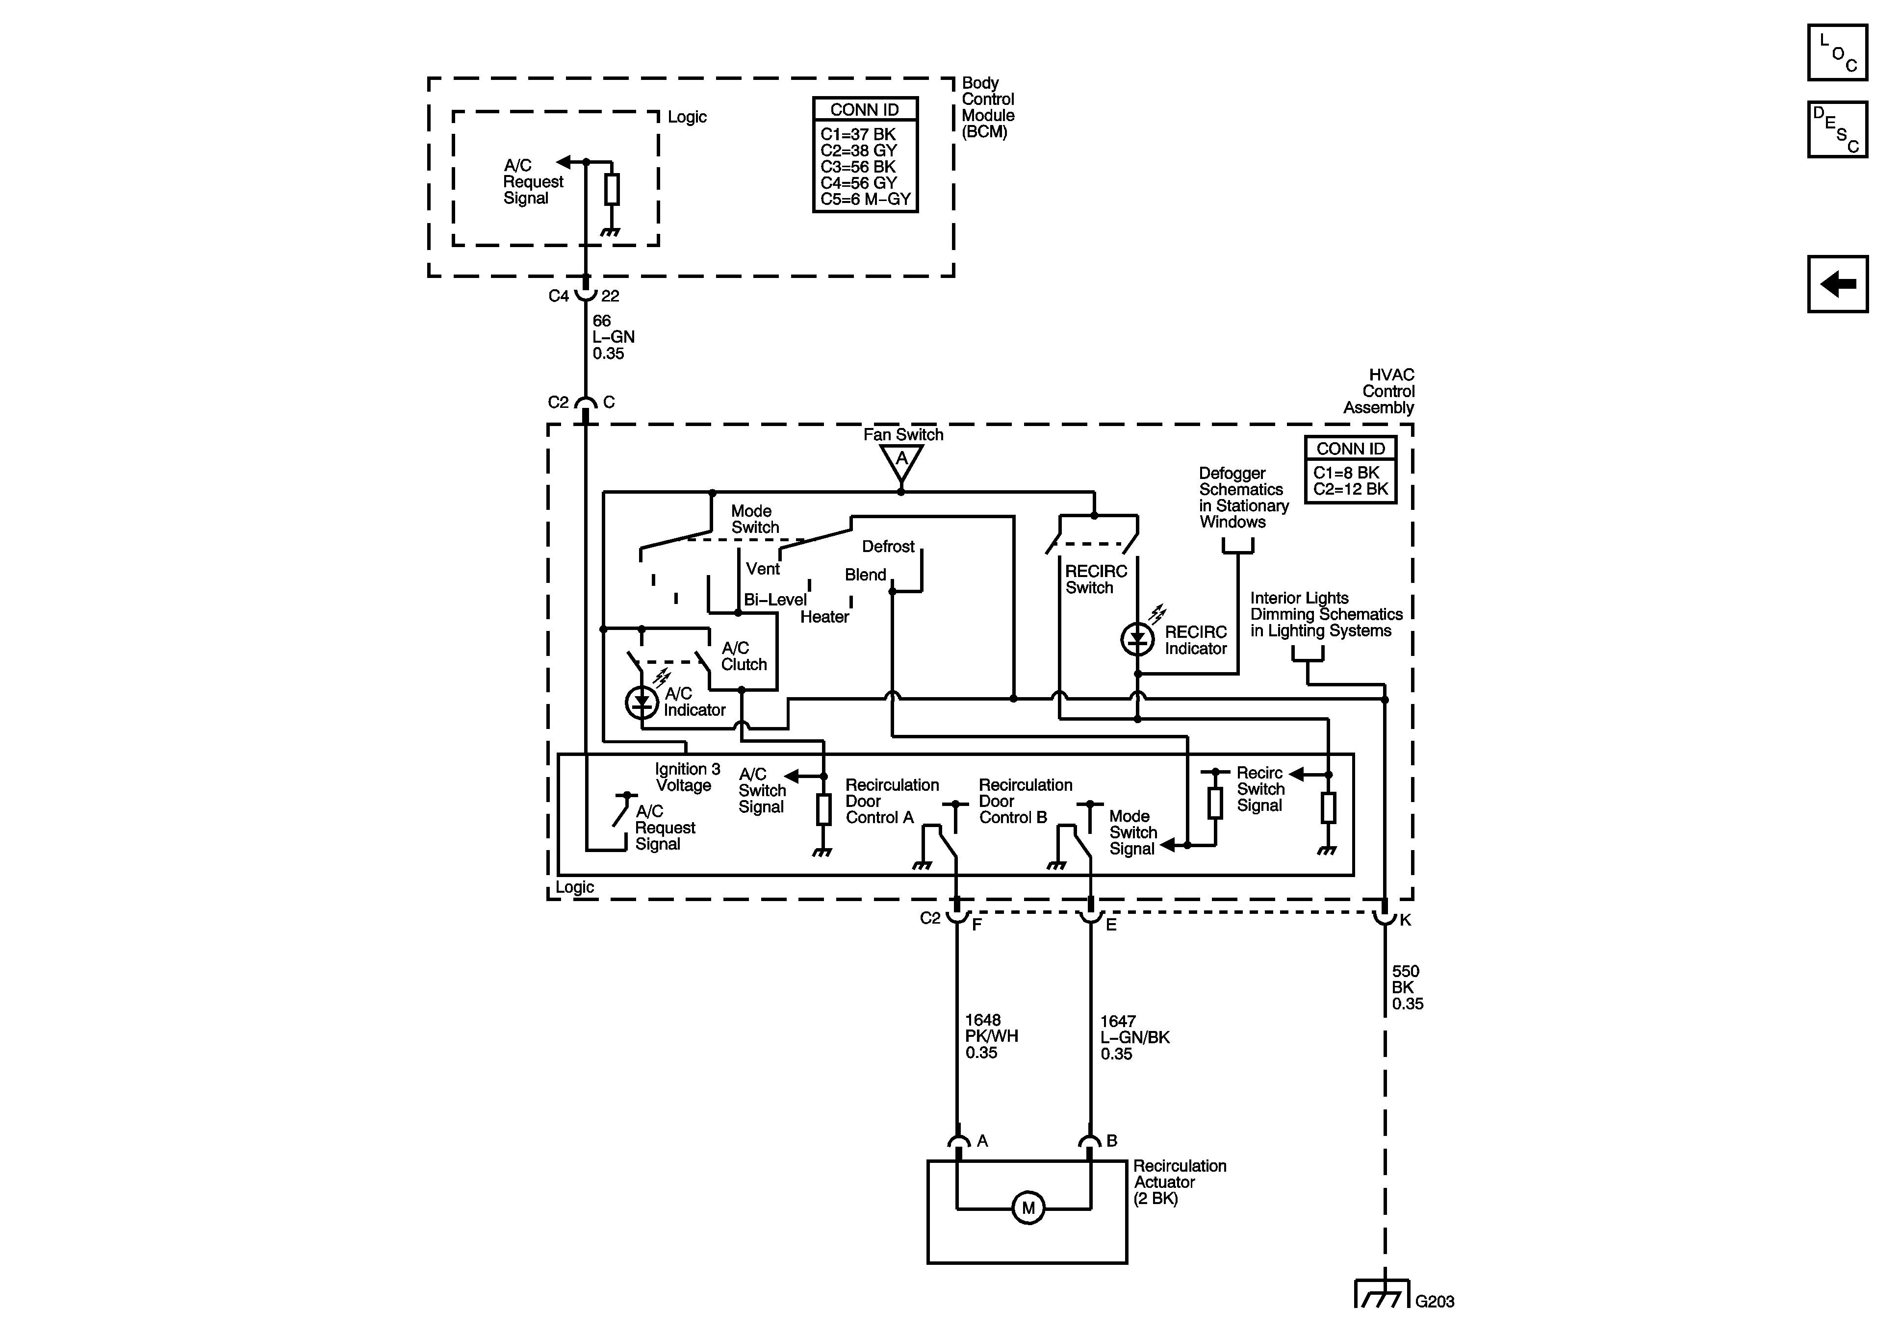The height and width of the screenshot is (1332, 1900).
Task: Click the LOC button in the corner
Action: pyautogui.click(x=1837, y=53)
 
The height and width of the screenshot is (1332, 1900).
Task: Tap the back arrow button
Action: pyautogui.click(x=1837, y=284)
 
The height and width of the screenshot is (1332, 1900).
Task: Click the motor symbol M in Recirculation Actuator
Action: pyautogui.click(x=1028, y=1208)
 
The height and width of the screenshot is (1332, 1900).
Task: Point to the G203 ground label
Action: pyautogui.click(x=1434, y=1302)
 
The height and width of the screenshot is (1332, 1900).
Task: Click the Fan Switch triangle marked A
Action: pyautogui.click(x=901, y=462)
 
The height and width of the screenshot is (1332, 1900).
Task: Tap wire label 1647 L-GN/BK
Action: pyautogui.click(x=1134, y=1037)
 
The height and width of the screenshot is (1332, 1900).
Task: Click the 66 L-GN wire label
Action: pyautogui.click(x=613, y=337)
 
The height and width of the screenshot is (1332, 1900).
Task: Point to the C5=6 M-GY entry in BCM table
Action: pyautogui.click(x=865, y=200)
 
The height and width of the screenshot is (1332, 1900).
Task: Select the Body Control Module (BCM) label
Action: pyautogui.click(x=987, y=107)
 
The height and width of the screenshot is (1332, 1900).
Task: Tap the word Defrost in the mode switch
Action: pyautogui.click(x=887, y=547)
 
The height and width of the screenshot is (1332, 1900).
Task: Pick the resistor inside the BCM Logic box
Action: pyautogui.click(x=612, y=189)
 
